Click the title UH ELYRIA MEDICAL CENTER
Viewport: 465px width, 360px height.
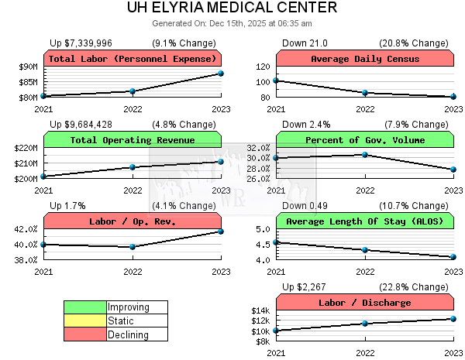[232, 9]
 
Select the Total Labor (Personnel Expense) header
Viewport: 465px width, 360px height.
[132, 59]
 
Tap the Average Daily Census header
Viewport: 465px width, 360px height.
[364, 59]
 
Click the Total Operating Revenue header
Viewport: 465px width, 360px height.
[132, 140]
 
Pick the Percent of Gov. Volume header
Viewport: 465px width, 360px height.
[364, 140]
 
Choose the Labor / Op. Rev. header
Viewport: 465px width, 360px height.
[132, 221]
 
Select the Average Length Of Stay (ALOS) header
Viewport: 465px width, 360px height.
[364, 221]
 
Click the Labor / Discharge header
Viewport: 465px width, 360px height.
[364, 303]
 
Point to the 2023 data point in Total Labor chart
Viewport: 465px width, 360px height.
[221, 74]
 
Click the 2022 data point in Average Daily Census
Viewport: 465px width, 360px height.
[365, 93]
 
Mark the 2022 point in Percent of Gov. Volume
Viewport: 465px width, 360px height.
[365, 155]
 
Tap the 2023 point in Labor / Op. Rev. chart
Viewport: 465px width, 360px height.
[221, 231]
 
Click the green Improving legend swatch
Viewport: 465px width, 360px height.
[85, 307]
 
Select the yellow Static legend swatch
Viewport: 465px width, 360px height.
[85, 321]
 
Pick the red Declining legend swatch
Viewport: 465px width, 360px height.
[85, 334]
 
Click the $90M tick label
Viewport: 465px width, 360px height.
[27, 67]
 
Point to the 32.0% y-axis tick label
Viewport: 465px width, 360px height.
[257, 148]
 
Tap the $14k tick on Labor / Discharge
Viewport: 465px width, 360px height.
[260, 310]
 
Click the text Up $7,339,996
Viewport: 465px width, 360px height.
[81, 43]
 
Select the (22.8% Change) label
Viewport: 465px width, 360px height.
[422, 286]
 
